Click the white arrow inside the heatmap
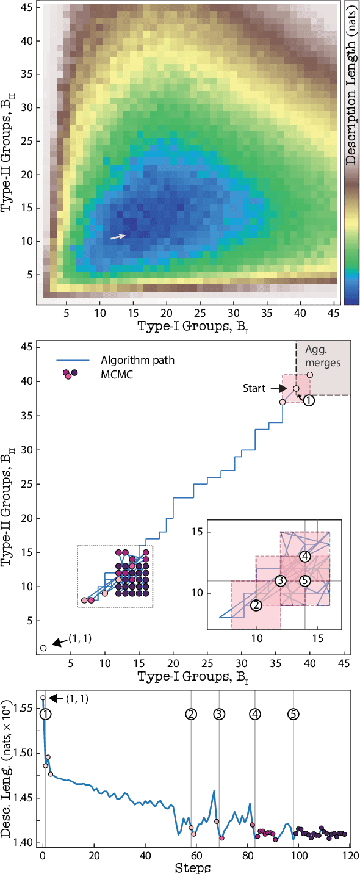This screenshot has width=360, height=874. [119, 236]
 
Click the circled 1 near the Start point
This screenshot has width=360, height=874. [309, 401]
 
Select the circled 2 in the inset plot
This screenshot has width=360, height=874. [256, 605]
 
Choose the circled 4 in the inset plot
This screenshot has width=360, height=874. [305, 556]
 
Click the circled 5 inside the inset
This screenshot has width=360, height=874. [305, 580]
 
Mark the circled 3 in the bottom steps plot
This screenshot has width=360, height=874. [219, 714]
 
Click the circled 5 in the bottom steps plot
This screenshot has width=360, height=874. [293, 714]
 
